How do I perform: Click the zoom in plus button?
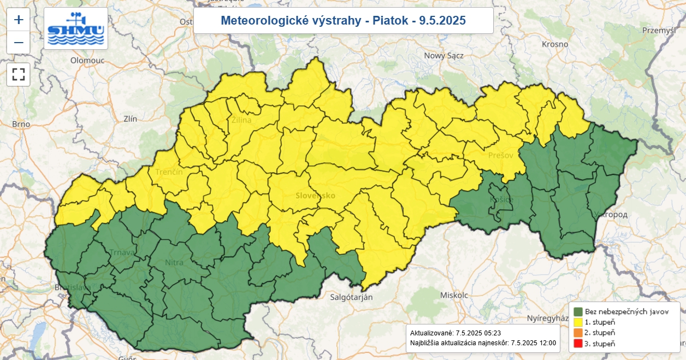(19, 20)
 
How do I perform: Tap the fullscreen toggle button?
(19, 74)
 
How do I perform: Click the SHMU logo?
(76, 29)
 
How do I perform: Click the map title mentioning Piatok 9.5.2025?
(343, 21)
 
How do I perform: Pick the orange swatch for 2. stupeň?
(578, 333)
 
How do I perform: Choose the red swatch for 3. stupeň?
(578, 344)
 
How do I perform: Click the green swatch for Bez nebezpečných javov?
(578, 311)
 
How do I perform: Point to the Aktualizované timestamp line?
(456, 333)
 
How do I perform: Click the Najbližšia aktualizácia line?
(483, 343)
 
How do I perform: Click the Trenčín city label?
(169, 172)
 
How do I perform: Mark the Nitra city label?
(174, 263)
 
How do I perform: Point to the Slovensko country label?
(315, 196)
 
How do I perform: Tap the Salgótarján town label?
(351, 297)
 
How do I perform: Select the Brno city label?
(21, 124)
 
